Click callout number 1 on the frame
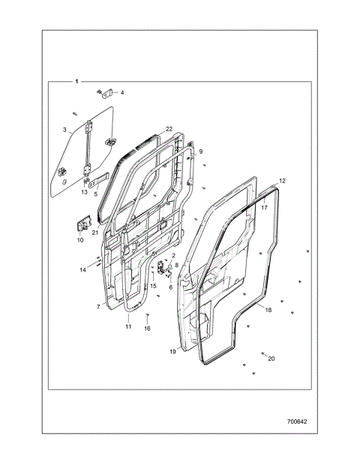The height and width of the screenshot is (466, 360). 76,81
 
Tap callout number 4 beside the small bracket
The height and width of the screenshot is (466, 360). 122,92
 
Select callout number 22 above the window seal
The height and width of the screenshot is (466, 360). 169,129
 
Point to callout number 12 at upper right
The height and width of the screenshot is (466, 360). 282,181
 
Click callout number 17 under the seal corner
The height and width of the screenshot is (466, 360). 264,208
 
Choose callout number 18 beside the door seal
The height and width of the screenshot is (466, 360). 268,310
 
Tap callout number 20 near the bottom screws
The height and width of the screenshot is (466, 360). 271,359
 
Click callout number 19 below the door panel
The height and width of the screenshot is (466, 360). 172,352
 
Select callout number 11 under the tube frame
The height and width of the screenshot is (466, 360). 128,326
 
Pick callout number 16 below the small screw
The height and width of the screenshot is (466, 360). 147,329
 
